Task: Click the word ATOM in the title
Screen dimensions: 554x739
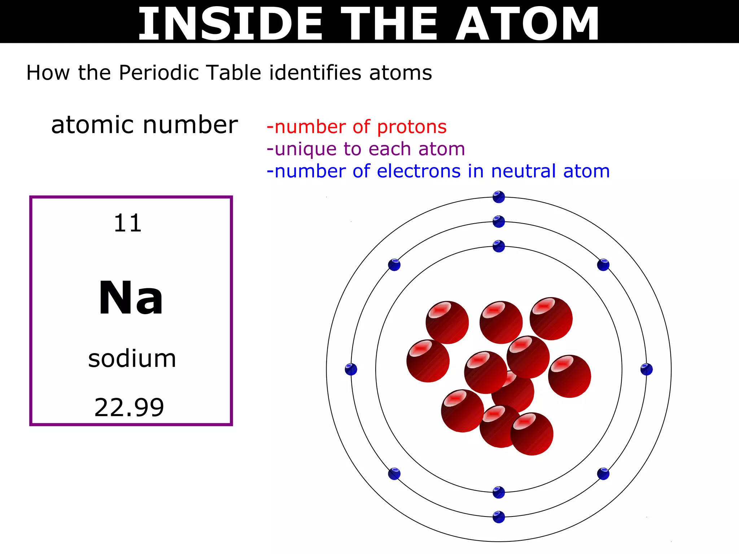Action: pyautogui.click(x=527, y=24)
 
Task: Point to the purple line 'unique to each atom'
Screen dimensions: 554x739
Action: pyautogui.click(x=366, y=149)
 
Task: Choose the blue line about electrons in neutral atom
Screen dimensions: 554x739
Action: pyautogui.click(x=438, y=171)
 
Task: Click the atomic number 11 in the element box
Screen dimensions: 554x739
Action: pyautogui.click(x=127, y=223)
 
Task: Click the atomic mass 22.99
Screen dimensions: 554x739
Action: pyautogui.click(x=129, y=408)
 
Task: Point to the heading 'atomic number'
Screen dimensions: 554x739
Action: pyautogui.click(x=144, y=125)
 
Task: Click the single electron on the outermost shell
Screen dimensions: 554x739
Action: pyautogui.click(x=499, y=197)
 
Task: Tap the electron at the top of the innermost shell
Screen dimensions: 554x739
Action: pyautogui.click(x=499, y=246)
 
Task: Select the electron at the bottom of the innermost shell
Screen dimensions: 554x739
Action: pyautogui.click(x=499, y=492)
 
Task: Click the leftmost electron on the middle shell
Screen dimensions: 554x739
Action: pyautogui.click(x=351, y=369)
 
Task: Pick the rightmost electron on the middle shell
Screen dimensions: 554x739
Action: pyautogui.click(x=646, y=369)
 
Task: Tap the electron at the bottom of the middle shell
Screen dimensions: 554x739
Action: pyautogui.click(x=499, y=517)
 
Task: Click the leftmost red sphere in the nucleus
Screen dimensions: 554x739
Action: pyautogui.click(x=428, y=361)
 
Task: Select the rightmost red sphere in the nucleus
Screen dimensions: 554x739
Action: pyautogui.click(x=569, y=376)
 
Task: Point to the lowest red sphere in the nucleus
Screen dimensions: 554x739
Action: pyautogui.click(x=532, y=434)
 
